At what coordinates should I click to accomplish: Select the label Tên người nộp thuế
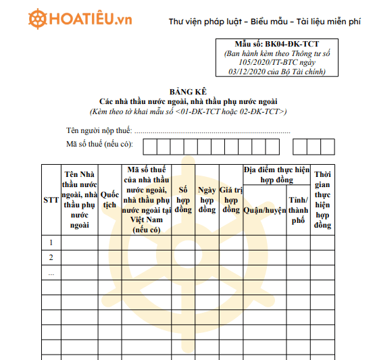click(99, 130)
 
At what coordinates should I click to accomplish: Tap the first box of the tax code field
click(149, 146)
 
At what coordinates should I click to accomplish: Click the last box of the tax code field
click(327, 146)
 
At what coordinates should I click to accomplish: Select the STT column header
click(51, 200)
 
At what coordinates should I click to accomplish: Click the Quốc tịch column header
click(109, 200)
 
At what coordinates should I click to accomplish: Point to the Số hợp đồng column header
click(183, 200)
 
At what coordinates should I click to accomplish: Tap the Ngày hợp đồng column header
click(207, 200)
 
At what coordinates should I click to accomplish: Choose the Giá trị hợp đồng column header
click(231, 200)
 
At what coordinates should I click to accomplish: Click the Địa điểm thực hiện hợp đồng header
click(276, 175)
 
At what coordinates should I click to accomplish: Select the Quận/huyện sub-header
click(265, 210)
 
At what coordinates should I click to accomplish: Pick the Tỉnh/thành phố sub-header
click(298, 210)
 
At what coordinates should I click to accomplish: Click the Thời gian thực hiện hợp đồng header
click(323, 200)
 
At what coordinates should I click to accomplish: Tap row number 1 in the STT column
click(51, 242)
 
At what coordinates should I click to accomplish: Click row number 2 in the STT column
click(51, 257)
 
